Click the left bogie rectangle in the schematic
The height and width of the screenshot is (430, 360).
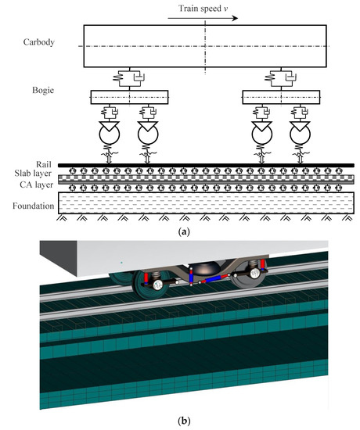coord(129,97)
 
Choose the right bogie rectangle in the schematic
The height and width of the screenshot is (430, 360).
coord(281,97)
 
